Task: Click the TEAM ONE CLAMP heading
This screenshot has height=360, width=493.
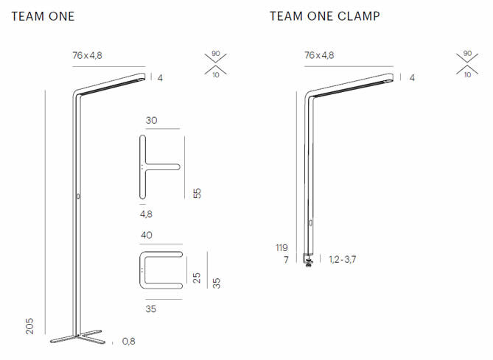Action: (324, 15)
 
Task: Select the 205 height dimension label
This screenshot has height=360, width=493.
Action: (30, 325)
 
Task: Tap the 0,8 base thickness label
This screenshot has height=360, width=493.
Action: (128, 342)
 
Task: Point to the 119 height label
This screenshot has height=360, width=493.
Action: (282, 247)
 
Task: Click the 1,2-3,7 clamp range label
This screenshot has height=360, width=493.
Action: (343, 260)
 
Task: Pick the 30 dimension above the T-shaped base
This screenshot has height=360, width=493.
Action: (152, 120)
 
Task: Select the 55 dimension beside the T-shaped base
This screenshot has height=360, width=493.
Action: (197, 193)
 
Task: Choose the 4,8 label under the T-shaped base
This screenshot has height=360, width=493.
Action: (146, 214)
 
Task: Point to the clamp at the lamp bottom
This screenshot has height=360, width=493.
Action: (309, 259)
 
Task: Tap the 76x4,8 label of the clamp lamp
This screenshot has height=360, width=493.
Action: (319, 55)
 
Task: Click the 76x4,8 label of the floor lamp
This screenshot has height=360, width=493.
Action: (88, 55)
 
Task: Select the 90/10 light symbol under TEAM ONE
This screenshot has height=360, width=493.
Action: (215, 65)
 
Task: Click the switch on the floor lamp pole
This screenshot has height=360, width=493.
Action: (77, 197)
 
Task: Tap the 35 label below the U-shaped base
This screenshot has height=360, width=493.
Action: (151, 309)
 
